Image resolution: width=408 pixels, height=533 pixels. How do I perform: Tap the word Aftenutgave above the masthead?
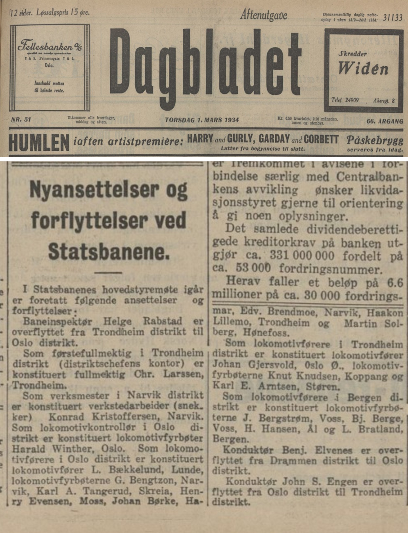pyautogui.click(x=264, y=15)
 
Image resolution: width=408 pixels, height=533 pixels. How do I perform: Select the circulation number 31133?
pyautogui.click(x=393, y=17)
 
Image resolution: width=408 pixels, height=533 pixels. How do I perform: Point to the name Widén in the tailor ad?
pyautogui.click(x=363, y=69)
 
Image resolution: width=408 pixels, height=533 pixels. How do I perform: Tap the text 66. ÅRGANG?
pyautogui.click(x=385, y=121)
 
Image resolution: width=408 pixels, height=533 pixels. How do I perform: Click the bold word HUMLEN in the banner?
pyautogui.click(x=38, y=143)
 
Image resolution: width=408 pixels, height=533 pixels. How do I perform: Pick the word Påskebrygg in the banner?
pyautogui.click(x=375, y=140)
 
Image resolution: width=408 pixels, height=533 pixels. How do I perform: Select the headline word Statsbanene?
pyautogui.click(x=109, y=251)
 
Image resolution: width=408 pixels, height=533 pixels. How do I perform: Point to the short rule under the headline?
pyautogui.click(x=108, y=272)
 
